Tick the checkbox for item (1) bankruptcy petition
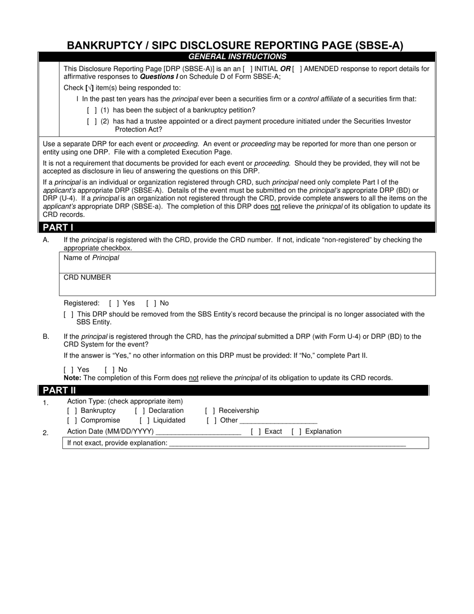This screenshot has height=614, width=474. click(x=92, y=110)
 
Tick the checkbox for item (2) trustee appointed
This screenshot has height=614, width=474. click(x=92, y=121)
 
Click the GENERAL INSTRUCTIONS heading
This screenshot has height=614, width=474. click(x=237, y=57)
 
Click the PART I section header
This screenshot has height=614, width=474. click(x=58, y=228)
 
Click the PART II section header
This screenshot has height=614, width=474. click(x=59, y=390)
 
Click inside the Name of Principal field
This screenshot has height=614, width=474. click(x=247, y=263)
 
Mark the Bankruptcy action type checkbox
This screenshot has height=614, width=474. click(x=72, y=411)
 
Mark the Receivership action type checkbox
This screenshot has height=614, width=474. click(x=210, y=411)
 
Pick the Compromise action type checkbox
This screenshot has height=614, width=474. click(x=72, y=420)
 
